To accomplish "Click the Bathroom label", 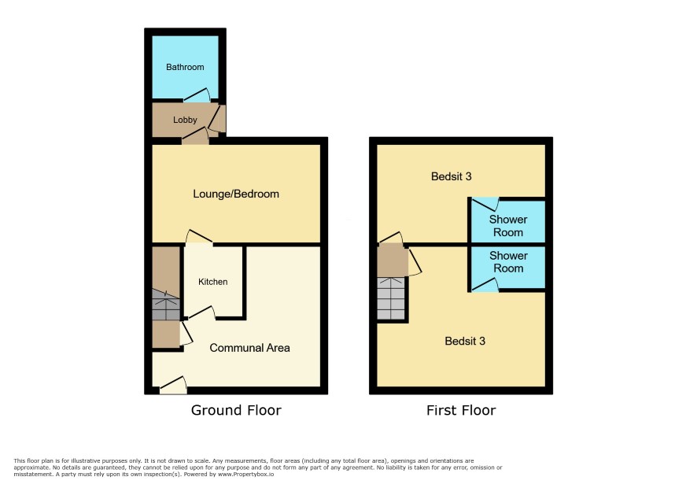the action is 185,67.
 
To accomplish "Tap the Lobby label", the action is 185,120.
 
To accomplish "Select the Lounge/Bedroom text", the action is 236,194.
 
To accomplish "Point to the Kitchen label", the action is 213,282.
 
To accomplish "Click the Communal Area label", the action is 250,348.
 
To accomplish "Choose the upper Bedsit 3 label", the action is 452,176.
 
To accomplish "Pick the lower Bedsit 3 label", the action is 465,341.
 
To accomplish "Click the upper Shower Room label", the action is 508,226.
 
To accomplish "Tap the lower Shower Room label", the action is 508,262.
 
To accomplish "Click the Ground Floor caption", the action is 236,410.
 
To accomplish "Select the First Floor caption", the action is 461,410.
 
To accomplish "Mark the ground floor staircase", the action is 166,305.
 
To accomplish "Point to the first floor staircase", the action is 391,298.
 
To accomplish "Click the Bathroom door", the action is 197,95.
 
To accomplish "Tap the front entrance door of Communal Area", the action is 173,385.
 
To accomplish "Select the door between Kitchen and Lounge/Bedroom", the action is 199,236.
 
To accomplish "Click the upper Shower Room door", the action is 485,204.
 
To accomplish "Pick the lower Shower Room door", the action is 485,285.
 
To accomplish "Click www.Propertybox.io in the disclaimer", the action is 245,475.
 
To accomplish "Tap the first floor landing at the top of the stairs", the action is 393,261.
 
